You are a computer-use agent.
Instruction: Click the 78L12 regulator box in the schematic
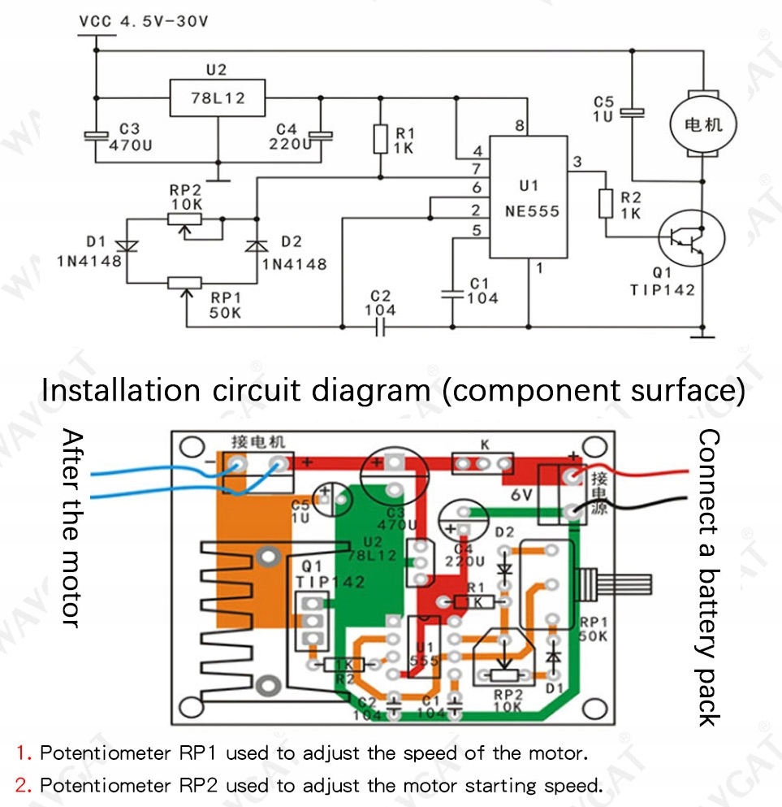click(x=217, y=98)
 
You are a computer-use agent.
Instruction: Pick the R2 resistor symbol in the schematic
click(x=606, y=203)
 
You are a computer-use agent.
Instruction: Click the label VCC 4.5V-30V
click(x=144, y=22)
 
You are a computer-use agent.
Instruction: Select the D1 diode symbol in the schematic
click(x=126, y=245)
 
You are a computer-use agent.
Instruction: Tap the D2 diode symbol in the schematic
click(x=257, y=245)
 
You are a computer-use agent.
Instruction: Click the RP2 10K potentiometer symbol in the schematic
click(x=186, y=219)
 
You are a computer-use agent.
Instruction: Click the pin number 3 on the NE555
click(x=577, y=162)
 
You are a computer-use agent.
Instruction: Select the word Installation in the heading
click(x=120, y=390)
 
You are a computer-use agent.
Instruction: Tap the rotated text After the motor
click(x=72, y=528)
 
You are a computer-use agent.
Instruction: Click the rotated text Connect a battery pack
click(x=709, y=577)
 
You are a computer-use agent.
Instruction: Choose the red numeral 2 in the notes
click(x=21, y=786)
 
